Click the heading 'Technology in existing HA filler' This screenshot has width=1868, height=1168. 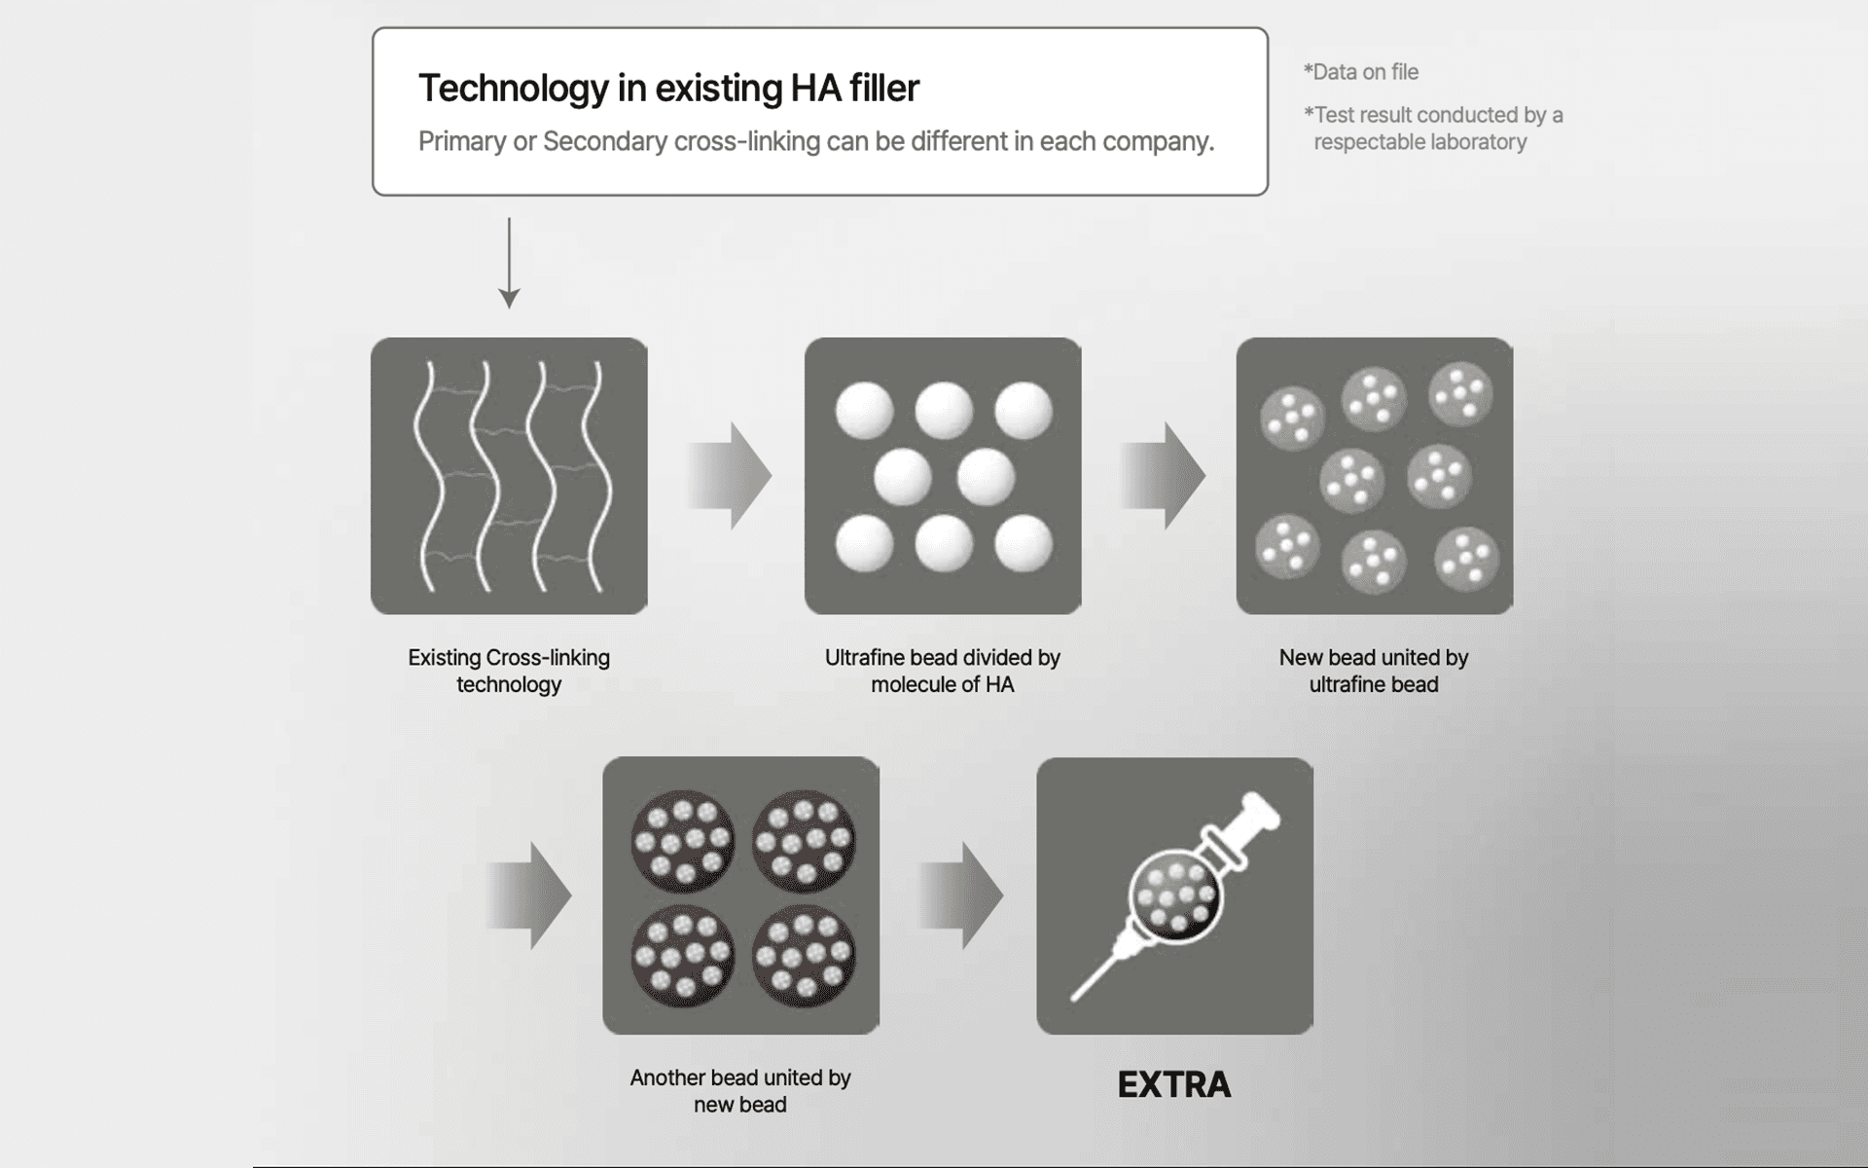point(668,89)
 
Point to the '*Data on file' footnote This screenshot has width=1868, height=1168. point(1361,72)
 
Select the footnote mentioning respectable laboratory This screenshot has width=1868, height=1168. point(1432,128)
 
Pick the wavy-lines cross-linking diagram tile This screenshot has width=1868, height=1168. point(509,476)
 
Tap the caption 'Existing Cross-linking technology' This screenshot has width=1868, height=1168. point(509,671)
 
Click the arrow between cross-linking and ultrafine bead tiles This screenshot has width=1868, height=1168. point(729,476)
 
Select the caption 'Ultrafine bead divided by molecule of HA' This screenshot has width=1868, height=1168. point(942,671)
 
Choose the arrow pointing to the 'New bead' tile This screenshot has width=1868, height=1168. point(1162,476)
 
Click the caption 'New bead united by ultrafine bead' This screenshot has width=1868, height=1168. point(1373,671)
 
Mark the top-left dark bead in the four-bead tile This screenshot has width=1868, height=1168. point(683,840)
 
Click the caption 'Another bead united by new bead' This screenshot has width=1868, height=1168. point(739,1090)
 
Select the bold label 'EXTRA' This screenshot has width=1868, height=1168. point(1174,1084)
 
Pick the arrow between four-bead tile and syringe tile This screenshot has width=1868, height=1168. point(959,895)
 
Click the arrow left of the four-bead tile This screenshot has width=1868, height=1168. point(528,895)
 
